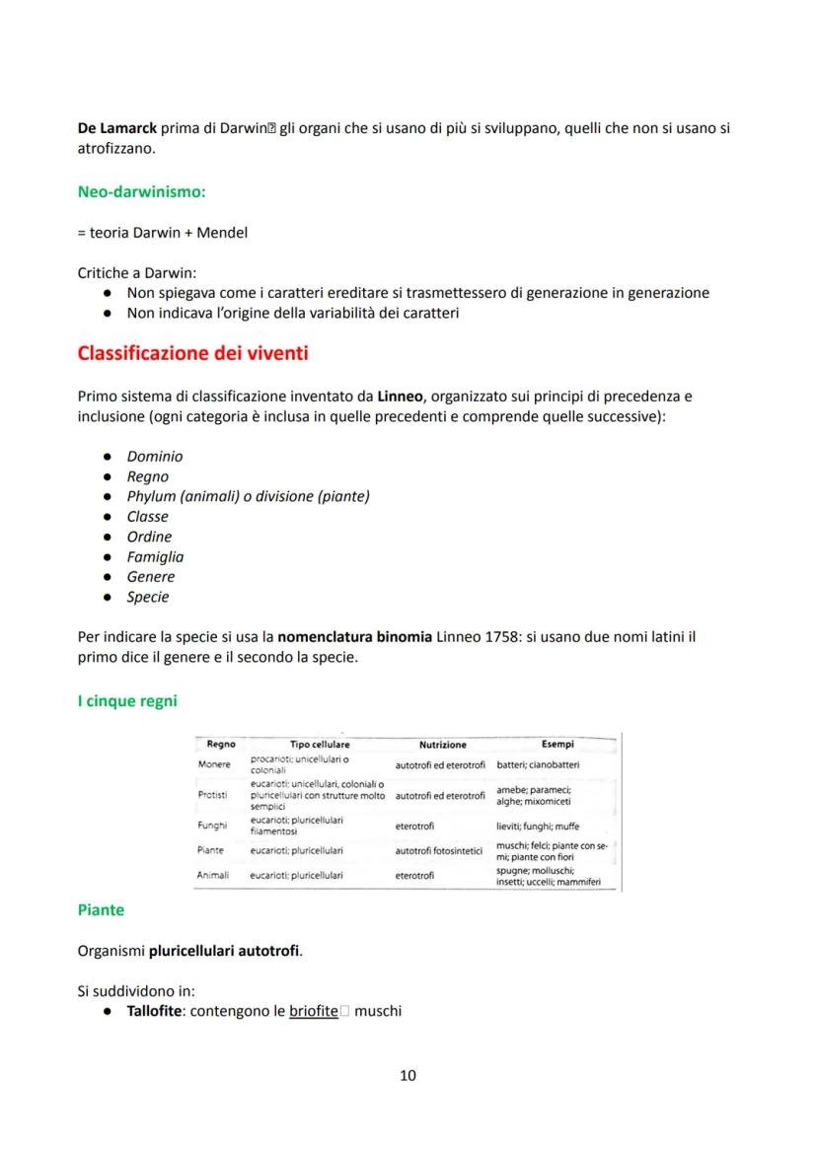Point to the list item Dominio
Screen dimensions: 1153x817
click(x=154, y=457)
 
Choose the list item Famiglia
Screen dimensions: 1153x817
click(x=155, y=557)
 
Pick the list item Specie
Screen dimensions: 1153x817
click(x=148, y=598)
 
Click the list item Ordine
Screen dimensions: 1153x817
click(x=149, y=537)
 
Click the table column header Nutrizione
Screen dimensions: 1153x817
click(x=442, y=745)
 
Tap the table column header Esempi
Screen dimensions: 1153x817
click(x=558, y=744)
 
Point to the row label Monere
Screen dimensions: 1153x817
click(x=213, y=764)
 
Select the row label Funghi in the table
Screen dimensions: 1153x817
click(x=213, y=826)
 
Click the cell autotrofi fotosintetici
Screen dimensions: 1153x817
click(x=440, y=850)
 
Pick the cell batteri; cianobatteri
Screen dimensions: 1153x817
click(x=538, y=764)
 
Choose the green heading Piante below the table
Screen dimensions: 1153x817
click(x=101, y=910)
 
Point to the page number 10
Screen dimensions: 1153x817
click(x=408, y=1075)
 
